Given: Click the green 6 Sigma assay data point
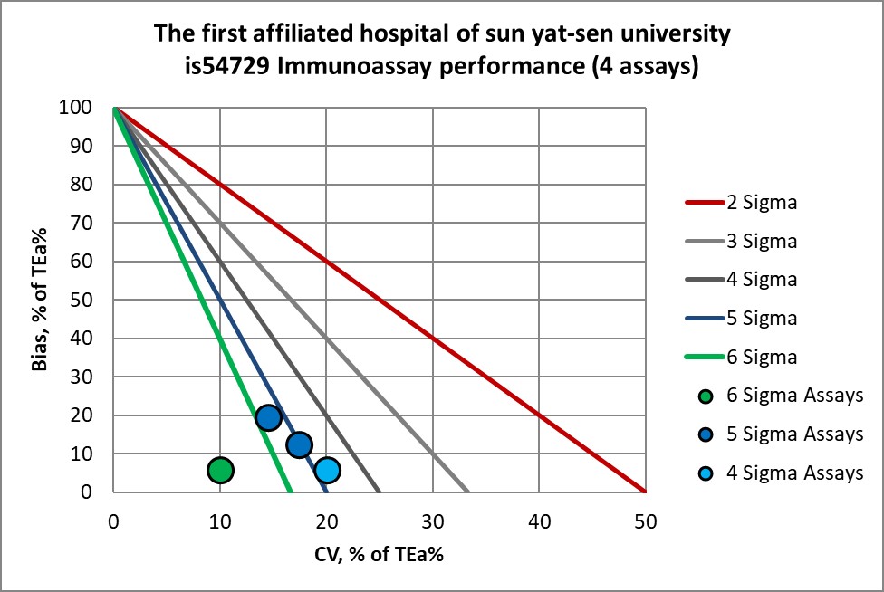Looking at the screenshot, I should [x=220, y=470].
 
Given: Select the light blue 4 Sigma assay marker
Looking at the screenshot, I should [x=327, y=470].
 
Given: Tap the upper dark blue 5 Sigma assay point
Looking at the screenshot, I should [x=268, y=417].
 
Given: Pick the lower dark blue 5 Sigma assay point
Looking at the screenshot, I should [x=299, y=444].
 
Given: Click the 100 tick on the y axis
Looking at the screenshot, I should [x=90, y=108].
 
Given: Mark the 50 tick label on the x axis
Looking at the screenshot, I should [x=645, y=521].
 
